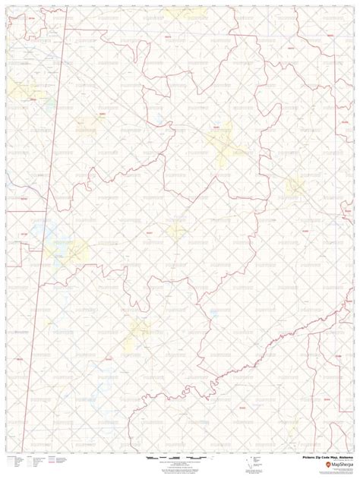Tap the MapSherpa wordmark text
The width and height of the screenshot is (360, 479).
tap(339, 467)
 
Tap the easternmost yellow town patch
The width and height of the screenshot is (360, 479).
tap(294, 184)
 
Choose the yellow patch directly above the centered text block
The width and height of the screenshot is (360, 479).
tap(176, 229)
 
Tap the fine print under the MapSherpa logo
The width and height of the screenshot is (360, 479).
tap(334, 472)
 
